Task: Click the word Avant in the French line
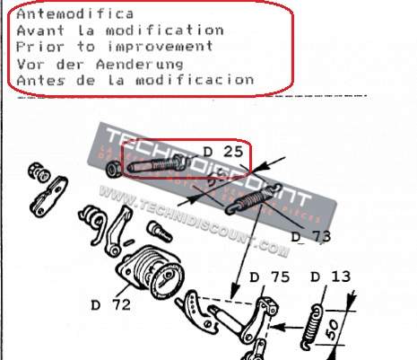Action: pos(37,31)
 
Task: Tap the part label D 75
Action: pos(270,277)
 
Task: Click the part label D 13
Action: pos(333,277)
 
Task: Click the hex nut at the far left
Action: pos(38,169)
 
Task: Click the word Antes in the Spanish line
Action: pos(37,80)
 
